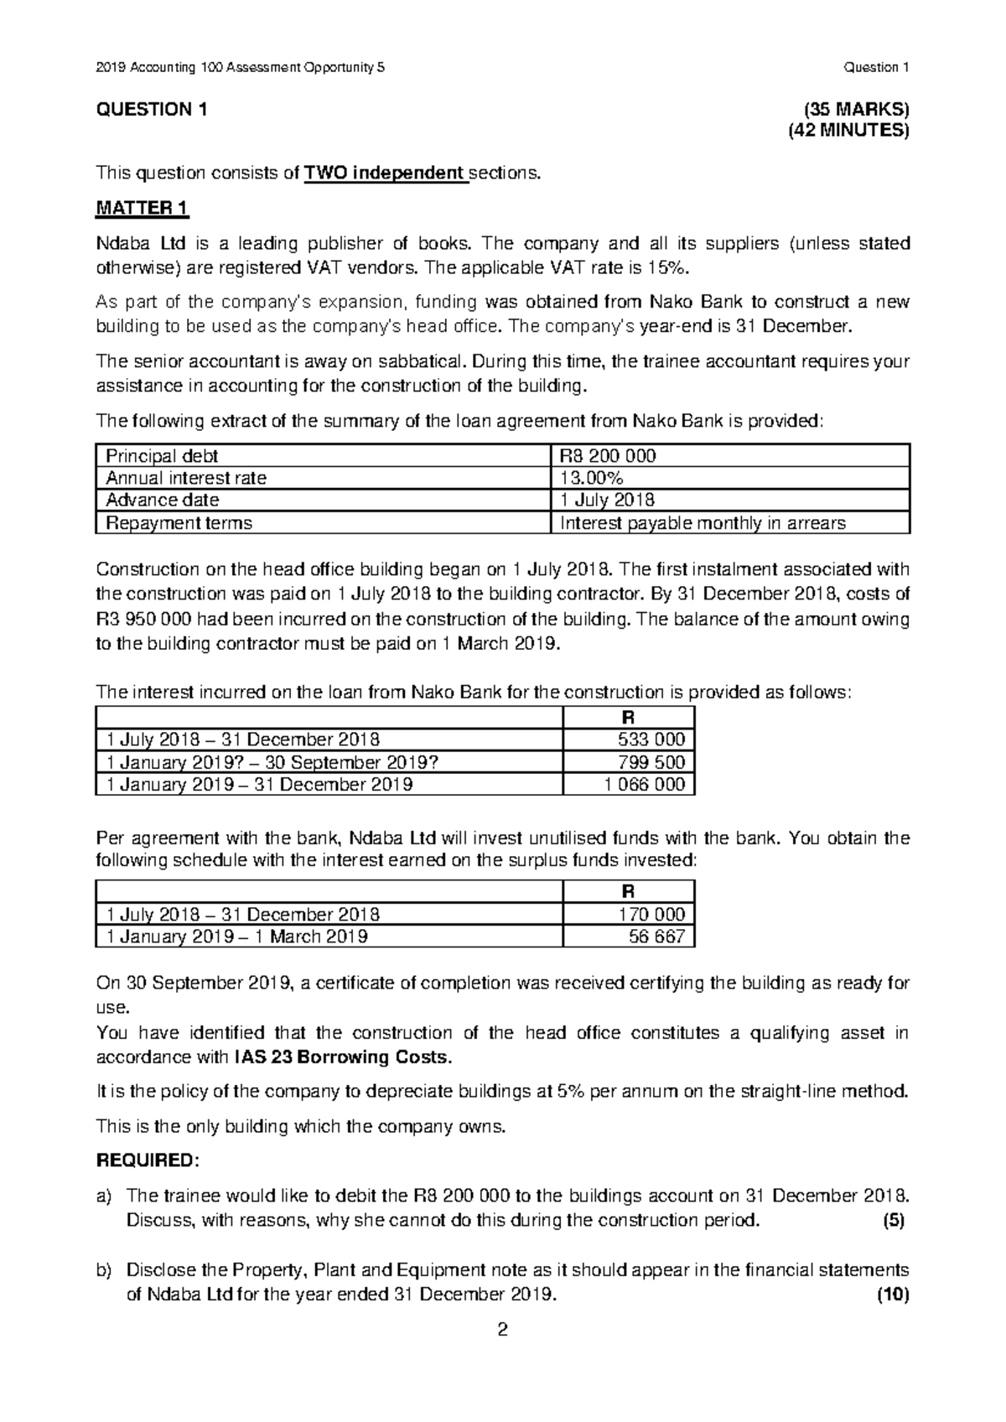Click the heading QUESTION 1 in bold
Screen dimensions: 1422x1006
tap(151, 110)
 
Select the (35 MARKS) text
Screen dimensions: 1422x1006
tap(856, 110)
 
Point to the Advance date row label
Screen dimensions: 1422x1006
tap(162, 501)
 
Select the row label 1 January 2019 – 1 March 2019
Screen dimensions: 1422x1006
tap(233, 937)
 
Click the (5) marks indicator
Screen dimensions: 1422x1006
tap(894, 1220)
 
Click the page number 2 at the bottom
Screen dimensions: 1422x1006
tap(503, 1331)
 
